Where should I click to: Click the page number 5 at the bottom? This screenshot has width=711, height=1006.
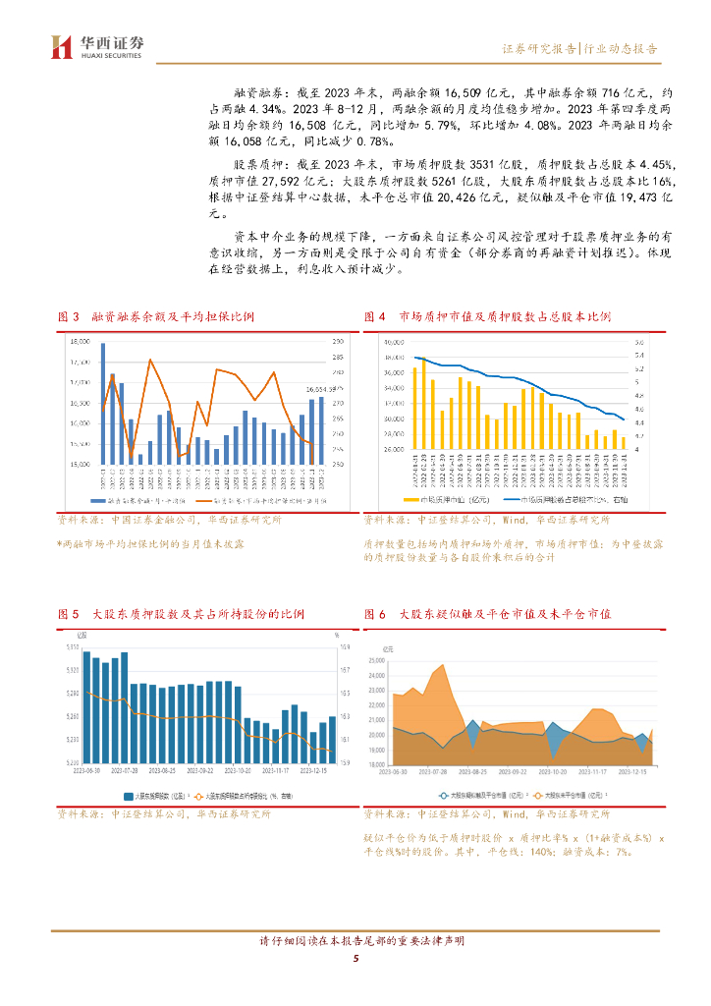click(355, 959)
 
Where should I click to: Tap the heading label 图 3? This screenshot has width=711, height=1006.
click(69, 316)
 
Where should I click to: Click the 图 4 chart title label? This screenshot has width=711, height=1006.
click(374, 316)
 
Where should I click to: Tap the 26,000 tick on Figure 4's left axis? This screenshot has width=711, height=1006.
click(394, 449)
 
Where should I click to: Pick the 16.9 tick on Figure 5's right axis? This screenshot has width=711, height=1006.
click(345, 646)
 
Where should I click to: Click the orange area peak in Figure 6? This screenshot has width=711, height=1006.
click(442, 667)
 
